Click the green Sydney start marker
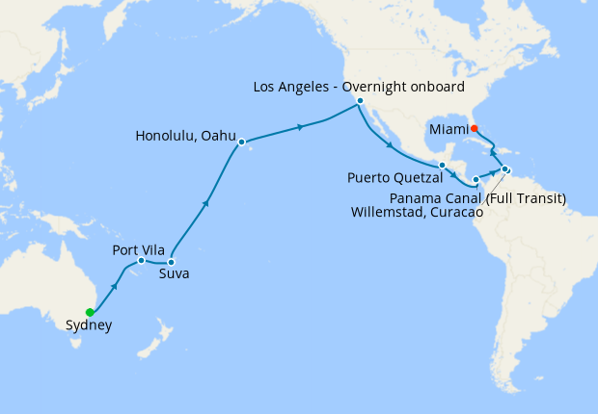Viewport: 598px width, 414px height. pos(90,312)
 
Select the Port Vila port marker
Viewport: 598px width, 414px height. pos(141,260)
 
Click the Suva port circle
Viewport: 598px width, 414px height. pos(171,262)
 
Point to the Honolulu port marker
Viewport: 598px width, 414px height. pos(241,142)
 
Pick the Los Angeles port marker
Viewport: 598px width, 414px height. pos(359,101)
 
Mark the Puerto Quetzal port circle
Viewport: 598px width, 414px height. pos(442,165)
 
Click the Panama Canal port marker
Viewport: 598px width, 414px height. pos(476,180)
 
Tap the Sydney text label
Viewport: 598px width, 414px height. pos(89,325)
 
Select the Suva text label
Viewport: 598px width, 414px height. pos(174,274)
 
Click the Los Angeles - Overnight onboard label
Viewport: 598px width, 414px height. pos(359,87)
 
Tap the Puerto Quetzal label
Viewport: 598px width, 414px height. pos(395,178)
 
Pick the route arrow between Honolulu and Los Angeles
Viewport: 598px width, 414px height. pos(301,127)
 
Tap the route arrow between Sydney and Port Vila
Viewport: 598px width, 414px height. pos(115,285)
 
